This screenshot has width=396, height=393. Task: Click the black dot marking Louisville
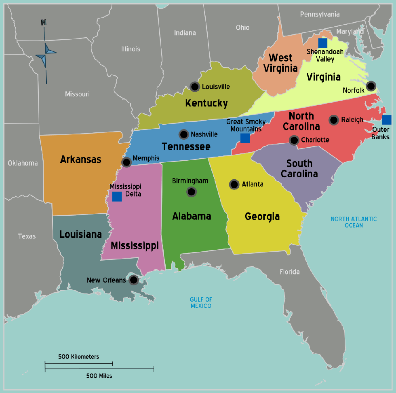[x=195, y=87]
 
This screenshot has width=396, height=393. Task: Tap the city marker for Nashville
[x=184, y=134]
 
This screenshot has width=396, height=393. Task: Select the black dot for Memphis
[x=126, y=162]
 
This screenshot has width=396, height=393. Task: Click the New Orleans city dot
[x=134, y=280]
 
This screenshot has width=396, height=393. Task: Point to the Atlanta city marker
[x=234, y=185]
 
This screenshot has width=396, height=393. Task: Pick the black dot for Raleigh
[x=334, y=120]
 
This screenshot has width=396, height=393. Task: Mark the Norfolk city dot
[x=371, y=86]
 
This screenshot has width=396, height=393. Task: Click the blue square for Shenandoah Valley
[x=322, y=42]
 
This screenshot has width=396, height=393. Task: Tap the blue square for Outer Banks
[x=387, y=119]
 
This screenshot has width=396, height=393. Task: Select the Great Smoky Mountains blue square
[x=245, y=138]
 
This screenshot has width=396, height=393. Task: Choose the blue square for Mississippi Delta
[x=117, y=197]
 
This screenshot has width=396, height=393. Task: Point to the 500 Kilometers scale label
[x=78, y=357]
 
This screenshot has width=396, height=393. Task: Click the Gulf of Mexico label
[x=201, y=302]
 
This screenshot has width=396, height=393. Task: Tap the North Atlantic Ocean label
[x=354, y=222]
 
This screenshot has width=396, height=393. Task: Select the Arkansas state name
[x=80, y=159]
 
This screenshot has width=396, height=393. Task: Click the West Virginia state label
[x=280, y=63]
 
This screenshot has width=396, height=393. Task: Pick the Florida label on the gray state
[x=290, y=272]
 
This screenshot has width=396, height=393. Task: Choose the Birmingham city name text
[x=190, y=181]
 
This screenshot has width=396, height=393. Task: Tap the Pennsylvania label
[x=320, y=14]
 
